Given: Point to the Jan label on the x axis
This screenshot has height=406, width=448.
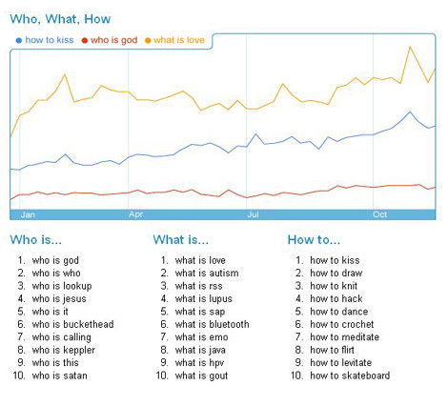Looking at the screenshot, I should click(29, 214).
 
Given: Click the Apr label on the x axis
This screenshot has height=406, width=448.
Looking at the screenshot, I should click(136, 214).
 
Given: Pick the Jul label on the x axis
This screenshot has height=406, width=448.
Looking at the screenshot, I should click(254, 214).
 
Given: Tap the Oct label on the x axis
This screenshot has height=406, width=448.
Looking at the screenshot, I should click(380, 214).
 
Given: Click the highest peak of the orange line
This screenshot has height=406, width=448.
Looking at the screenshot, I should click(410, 47).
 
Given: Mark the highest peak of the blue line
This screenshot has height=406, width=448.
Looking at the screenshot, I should click(410, 112).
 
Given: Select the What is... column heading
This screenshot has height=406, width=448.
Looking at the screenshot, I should click(180, 240).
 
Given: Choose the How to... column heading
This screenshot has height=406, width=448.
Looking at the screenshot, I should click(314, 240).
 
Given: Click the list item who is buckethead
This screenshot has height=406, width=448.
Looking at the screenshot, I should click(72, 324).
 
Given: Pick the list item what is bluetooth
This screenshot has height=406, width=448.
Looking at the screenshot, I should click(212, 324).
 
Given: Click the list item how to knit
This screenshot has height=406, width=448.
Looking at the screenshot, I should click(335, 286).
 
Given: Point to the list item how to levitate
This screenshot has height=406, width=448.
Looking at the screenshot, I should click(341, 362).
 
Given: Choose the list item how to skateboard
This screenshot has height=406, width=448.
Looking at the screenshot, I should click(349, 376).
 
